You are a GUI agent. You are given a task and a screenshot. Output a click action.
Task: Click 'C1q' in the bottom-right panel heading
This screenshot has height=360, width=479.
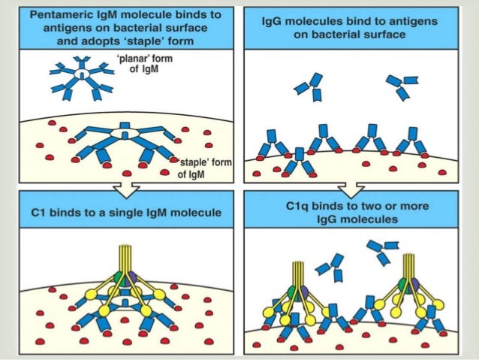(299, 205)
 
